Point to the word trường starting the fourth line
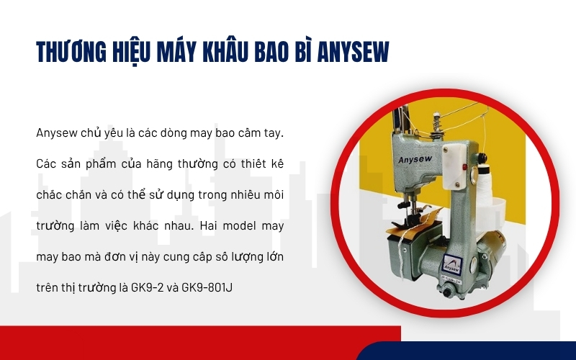pos(55,225)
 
